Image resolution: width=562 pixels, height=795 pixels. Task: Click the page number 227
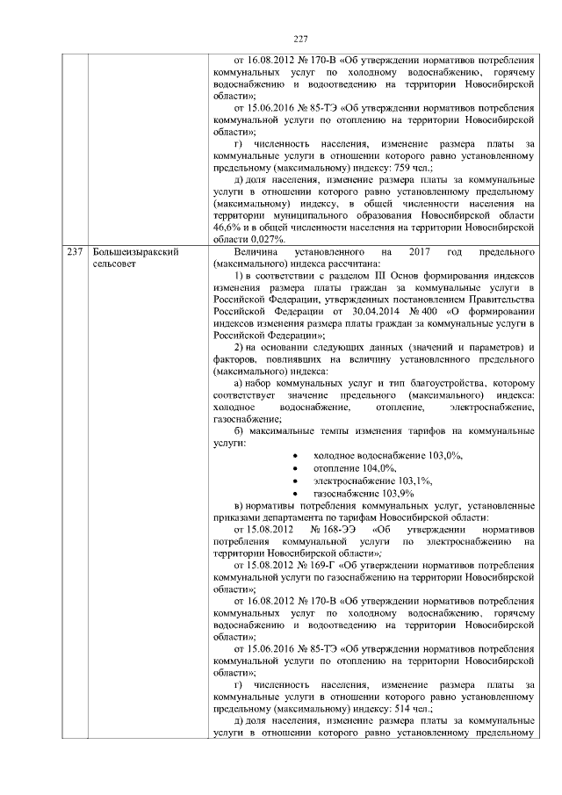[300, 39]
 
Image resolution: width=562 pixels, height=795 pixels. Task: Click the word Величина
[257, 252]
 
